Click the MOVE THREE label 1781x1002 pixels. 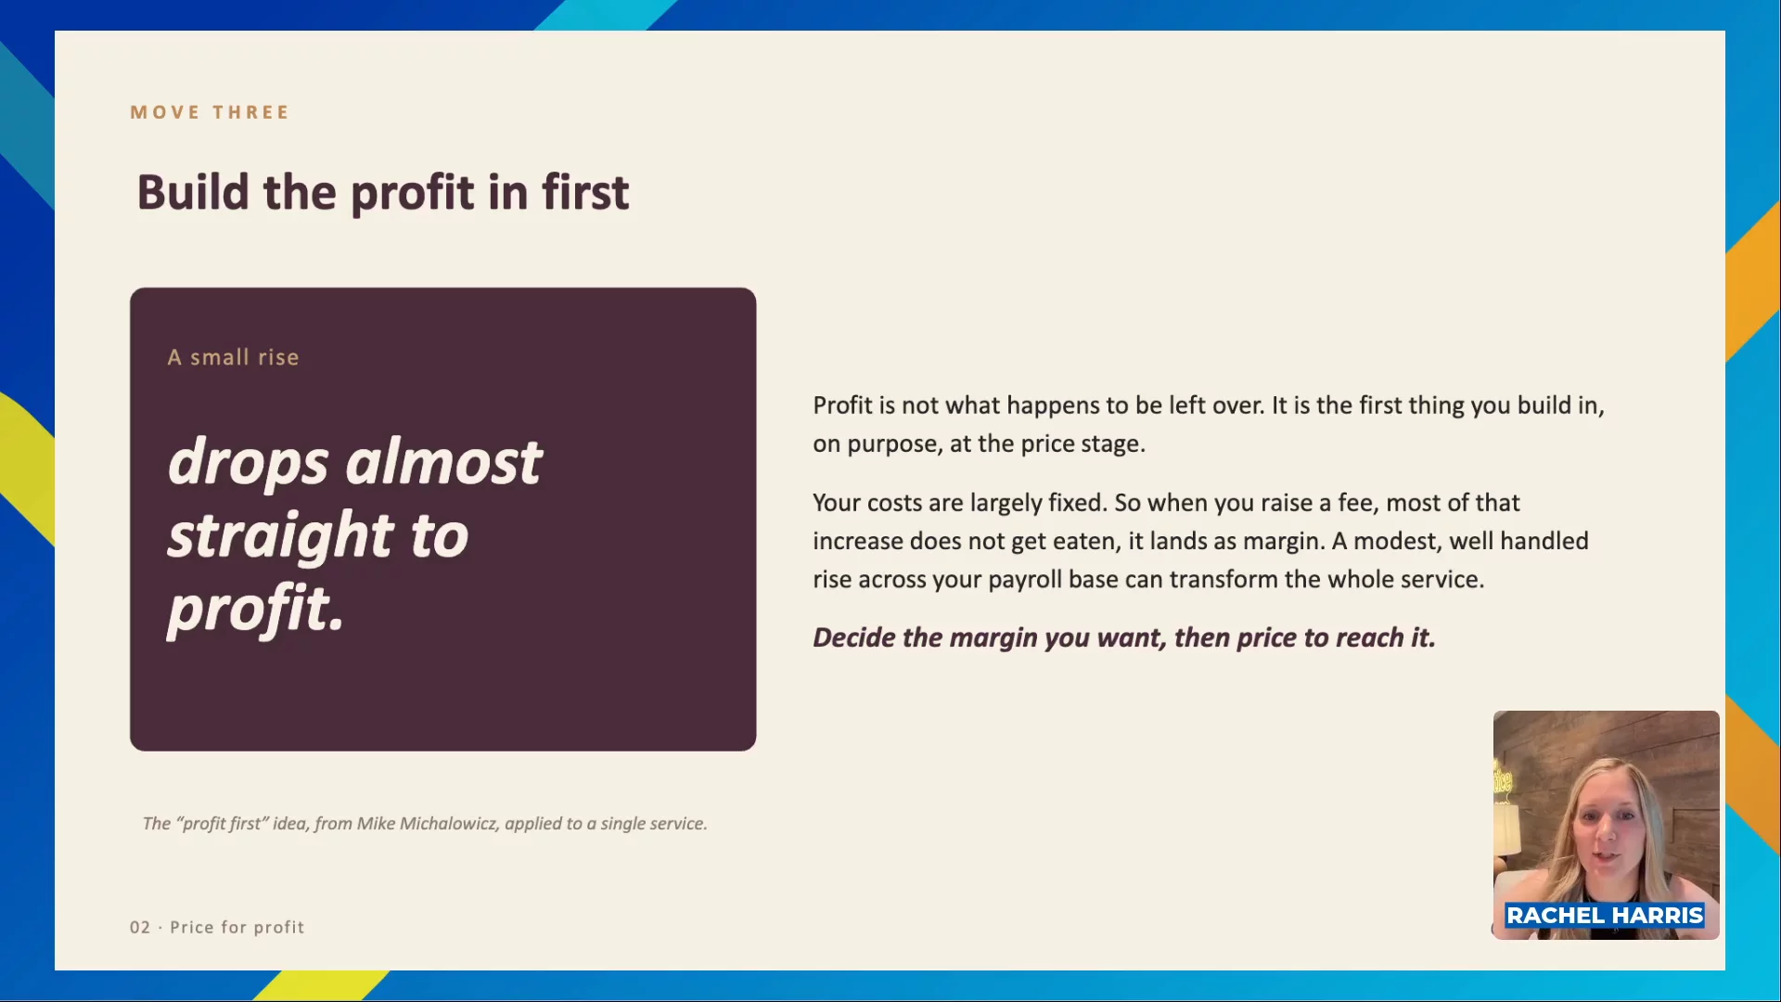210,112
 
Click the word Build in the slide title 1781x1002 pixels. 193,192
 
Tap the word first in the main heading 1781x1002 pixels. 585,192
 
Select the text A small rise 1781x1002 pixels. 233,357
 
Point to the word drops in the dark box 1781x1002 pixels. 248,463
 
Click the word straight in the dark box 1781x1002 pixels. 279,536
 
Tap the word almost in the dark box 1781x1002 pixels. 443,461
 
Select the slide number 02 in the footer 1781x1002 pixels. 140,927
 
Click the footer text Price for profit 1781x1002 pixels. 237,927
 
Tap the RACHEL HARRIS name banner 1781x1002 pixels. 1605,916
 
